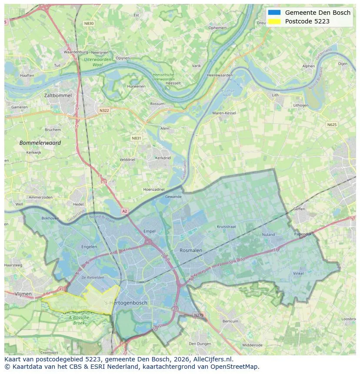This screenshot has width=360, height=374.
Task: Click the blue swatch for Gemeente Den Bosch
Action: click(274, 13)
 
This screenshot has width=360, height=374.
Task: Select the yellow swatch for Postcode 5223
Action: click(274, 21)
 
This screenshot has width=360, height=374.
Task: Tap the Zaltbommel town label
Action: click(58, 95)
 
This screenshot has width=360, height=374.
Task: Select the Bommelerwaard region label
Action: click(40, 142)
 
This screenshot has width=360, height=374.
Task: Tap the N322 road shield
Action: click(104, 110)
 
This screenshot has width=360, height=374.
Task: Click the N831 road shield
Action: click(136, 138)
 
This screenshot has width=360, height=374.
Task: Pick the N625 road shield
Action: click(331, 125)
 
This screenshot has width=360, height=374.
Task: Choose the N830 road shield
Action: click(89, 23)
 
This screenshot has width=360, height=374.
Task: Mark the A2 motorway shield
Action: click(125, 211)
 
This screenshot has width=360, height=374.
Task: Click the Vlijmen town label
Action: click(23, 294)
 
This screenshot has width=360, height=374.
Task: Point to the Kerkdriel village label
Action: click(163, 158)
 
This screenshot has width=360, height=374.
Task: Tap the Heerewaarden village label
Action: click(220, 75)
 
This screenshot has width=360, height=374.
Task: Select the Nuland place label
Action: click(268, 235)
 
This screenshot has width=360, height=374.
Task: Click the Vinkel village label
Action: click(298, 274)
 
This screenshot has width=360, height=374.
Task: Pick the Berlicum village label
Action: click(230, 321)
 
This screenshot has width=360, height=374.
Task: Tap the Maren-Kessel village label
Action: click(224, 113)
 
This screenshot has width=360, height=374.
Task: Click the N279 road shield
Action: click(198, 315)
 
